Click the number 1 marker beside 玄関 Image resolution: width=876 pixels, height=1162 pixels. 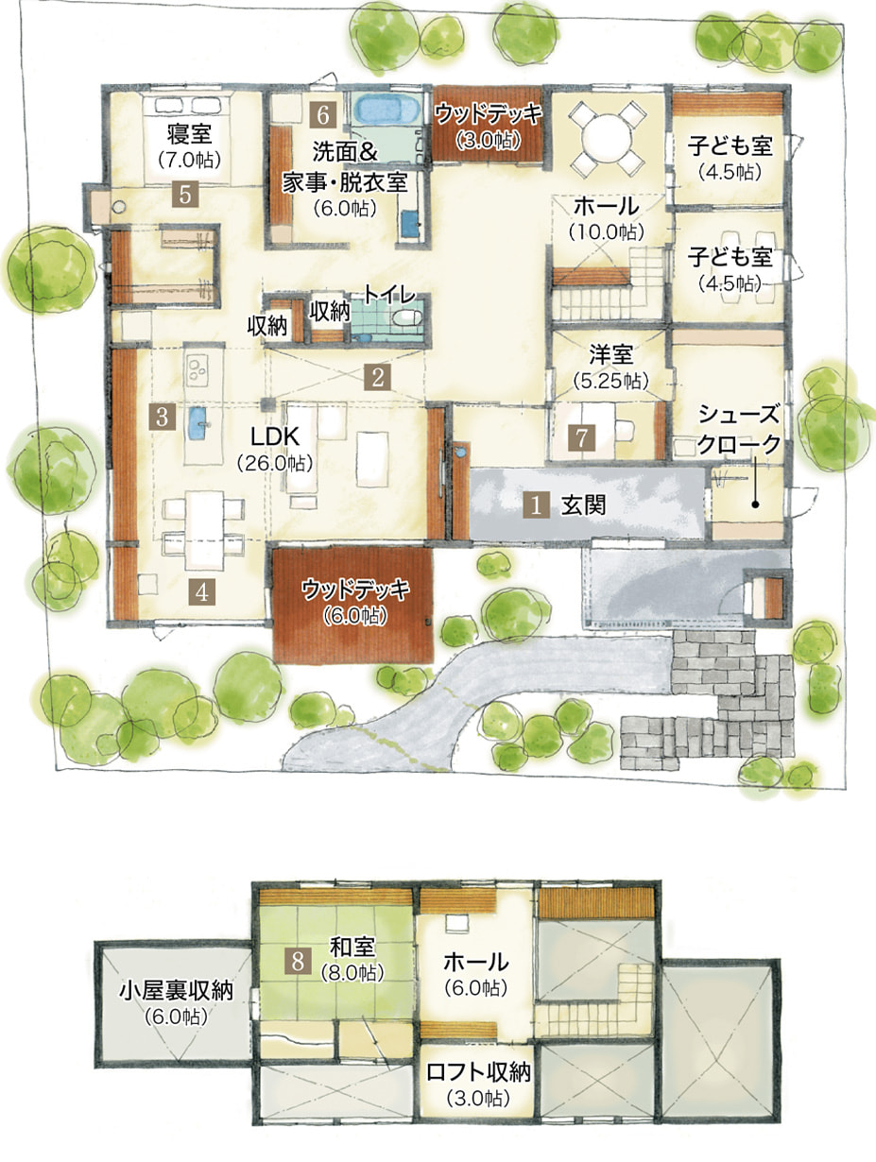tap(536, 505)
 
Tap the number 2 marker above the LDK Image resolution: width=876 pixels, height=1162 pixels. tap(377, 378)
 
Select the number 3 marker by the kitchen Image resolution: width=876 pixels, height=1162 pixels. tap(162, 418)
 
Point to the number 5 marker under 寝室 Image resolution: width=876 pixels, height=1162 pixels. tap(184, 194)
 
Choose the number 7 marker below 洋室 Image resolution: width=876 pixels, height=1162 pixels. tap(582, 438)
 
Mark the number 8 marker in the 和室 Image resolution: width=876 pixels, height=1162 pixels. tap(298, 959)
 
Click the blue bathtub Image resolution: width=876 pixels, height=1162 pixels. tap(386, 110)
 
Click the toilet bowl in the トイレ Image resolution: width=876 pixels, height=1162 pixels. tap(406, 316)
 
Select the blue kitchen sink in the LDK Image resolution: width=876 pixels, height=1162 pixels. tap(199, 423)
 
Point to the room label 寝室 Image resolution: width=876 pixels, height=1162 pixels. tap(189, 134)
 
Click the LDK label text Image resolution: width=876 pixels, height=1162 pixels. tap(275, 437)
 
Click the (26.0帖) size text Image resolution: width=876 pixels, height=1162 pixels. tap(275, 464)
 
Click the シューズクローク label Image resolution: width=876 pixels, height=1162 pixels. tap(739, 429)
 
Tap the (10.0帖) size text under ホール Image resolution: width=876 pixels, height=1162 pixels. tap(607, 231)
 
